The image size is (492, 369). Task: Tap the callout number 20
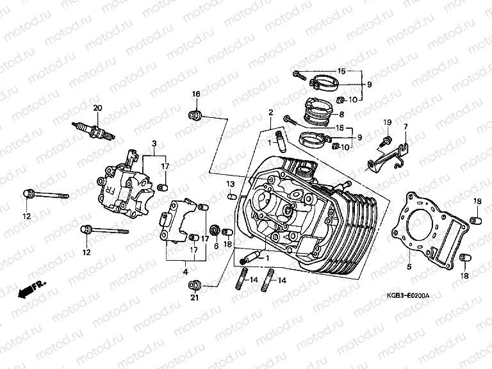(x=97, y=107)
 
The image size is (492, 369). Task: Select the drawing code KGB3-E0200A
(x=408, y=296)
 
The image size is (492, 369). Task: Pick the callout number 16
(x=196, y=95)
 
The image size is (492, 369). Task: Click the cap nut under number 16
(x=196, y=115)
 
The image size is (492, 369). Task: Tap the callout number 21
(x=195, y=297)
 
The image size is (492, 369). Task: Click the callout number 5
(x=408, y=263)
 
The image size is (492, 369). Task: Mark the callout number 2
(x=270, y=113)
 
